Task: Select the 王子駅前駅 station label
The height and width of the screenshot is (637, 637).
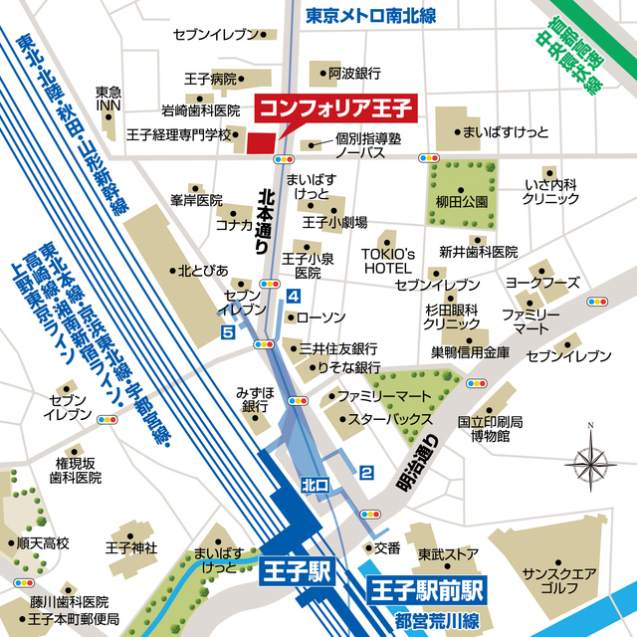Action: tap(425, 588)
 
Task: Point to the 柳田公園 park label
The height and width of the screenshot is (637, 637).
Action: tap(461, 201)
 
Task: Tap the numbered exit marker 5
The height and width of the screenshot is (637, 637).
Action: tap(228, 332)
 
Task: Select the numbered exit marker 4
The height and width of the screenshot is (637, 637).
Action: tap(293, 297)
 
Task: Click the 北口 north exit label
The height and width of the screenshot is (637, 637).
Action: tap(315, 485)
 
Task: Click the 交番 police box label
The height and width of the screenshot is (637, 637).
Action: tap(387, 547)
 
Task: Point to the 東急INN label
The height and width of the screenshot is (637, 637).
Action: tap(108, 100)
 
